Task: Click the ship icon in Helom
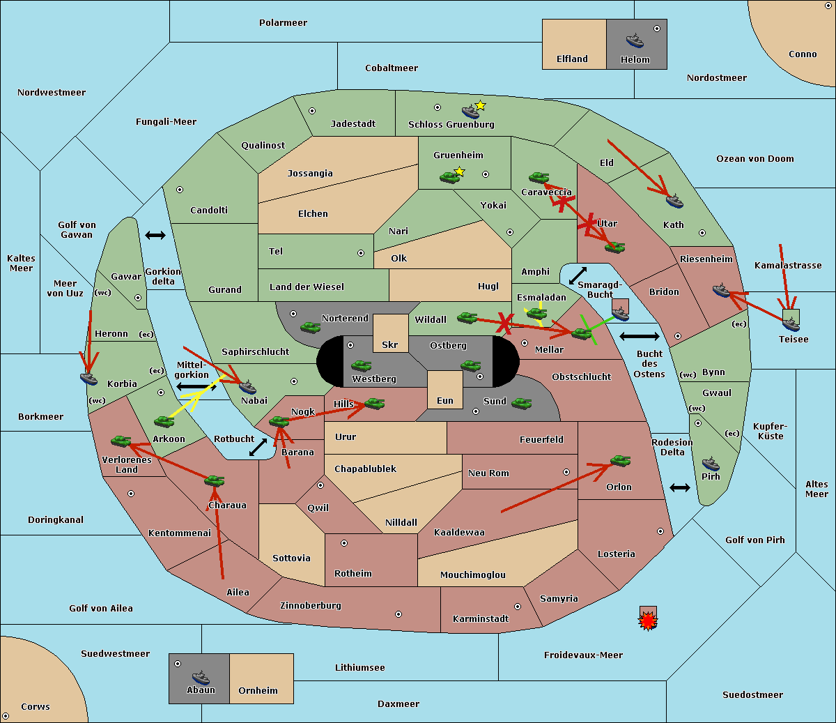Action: pyautogui.click(x=635, y=40)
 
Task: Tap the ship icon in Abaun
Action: pyautogui.click(x=201, y=678)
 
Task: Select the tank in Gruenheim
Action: pyautogui.click(x=450, y=177)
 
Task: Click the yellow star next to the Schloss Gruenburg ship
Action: pyautogui.click(x=480, y=106)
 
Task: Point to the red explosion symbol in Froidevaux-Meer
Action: pyautogui.click(x=648, y=621)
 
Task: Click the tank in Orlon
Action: pyautogui.click(x=621, y=461)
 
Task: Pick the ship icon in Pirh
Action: pyautogui.click(x=711, y=464)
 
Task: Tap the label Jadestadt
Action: pyautogui.click(x=353, y=123)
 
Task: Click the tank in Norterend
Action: pyautogui.click(x=310, y=327)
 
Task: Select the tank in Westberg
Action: pyautogui.click(x=361, y=366)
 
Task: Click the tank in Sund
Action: pyautogui.click(x=521, y=404)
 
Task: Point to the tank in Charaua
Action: pyautogui.click(x=215, y=481)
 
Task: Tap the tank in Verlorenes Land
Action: pyautogui.click(x=121, y=441)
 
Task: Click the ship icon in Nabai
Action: pyautogui.click(x=247, y=387)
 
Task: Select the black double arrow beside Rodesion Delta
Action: pyautogui.click(x=680, y=487)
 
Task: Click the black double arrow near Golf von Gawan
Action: pyautogui.click(x=155, y=235)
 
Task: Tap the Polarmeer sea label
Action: pyautogui.click(x=283, y=23)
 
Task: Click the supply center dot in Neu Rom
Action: pyautogui.click(x=566, y=472)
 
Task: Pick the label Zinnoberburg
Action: pyautogui.click(x=311, y=605)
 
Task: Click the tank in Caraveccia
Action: pyautogui.click(x=539, y=177)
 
